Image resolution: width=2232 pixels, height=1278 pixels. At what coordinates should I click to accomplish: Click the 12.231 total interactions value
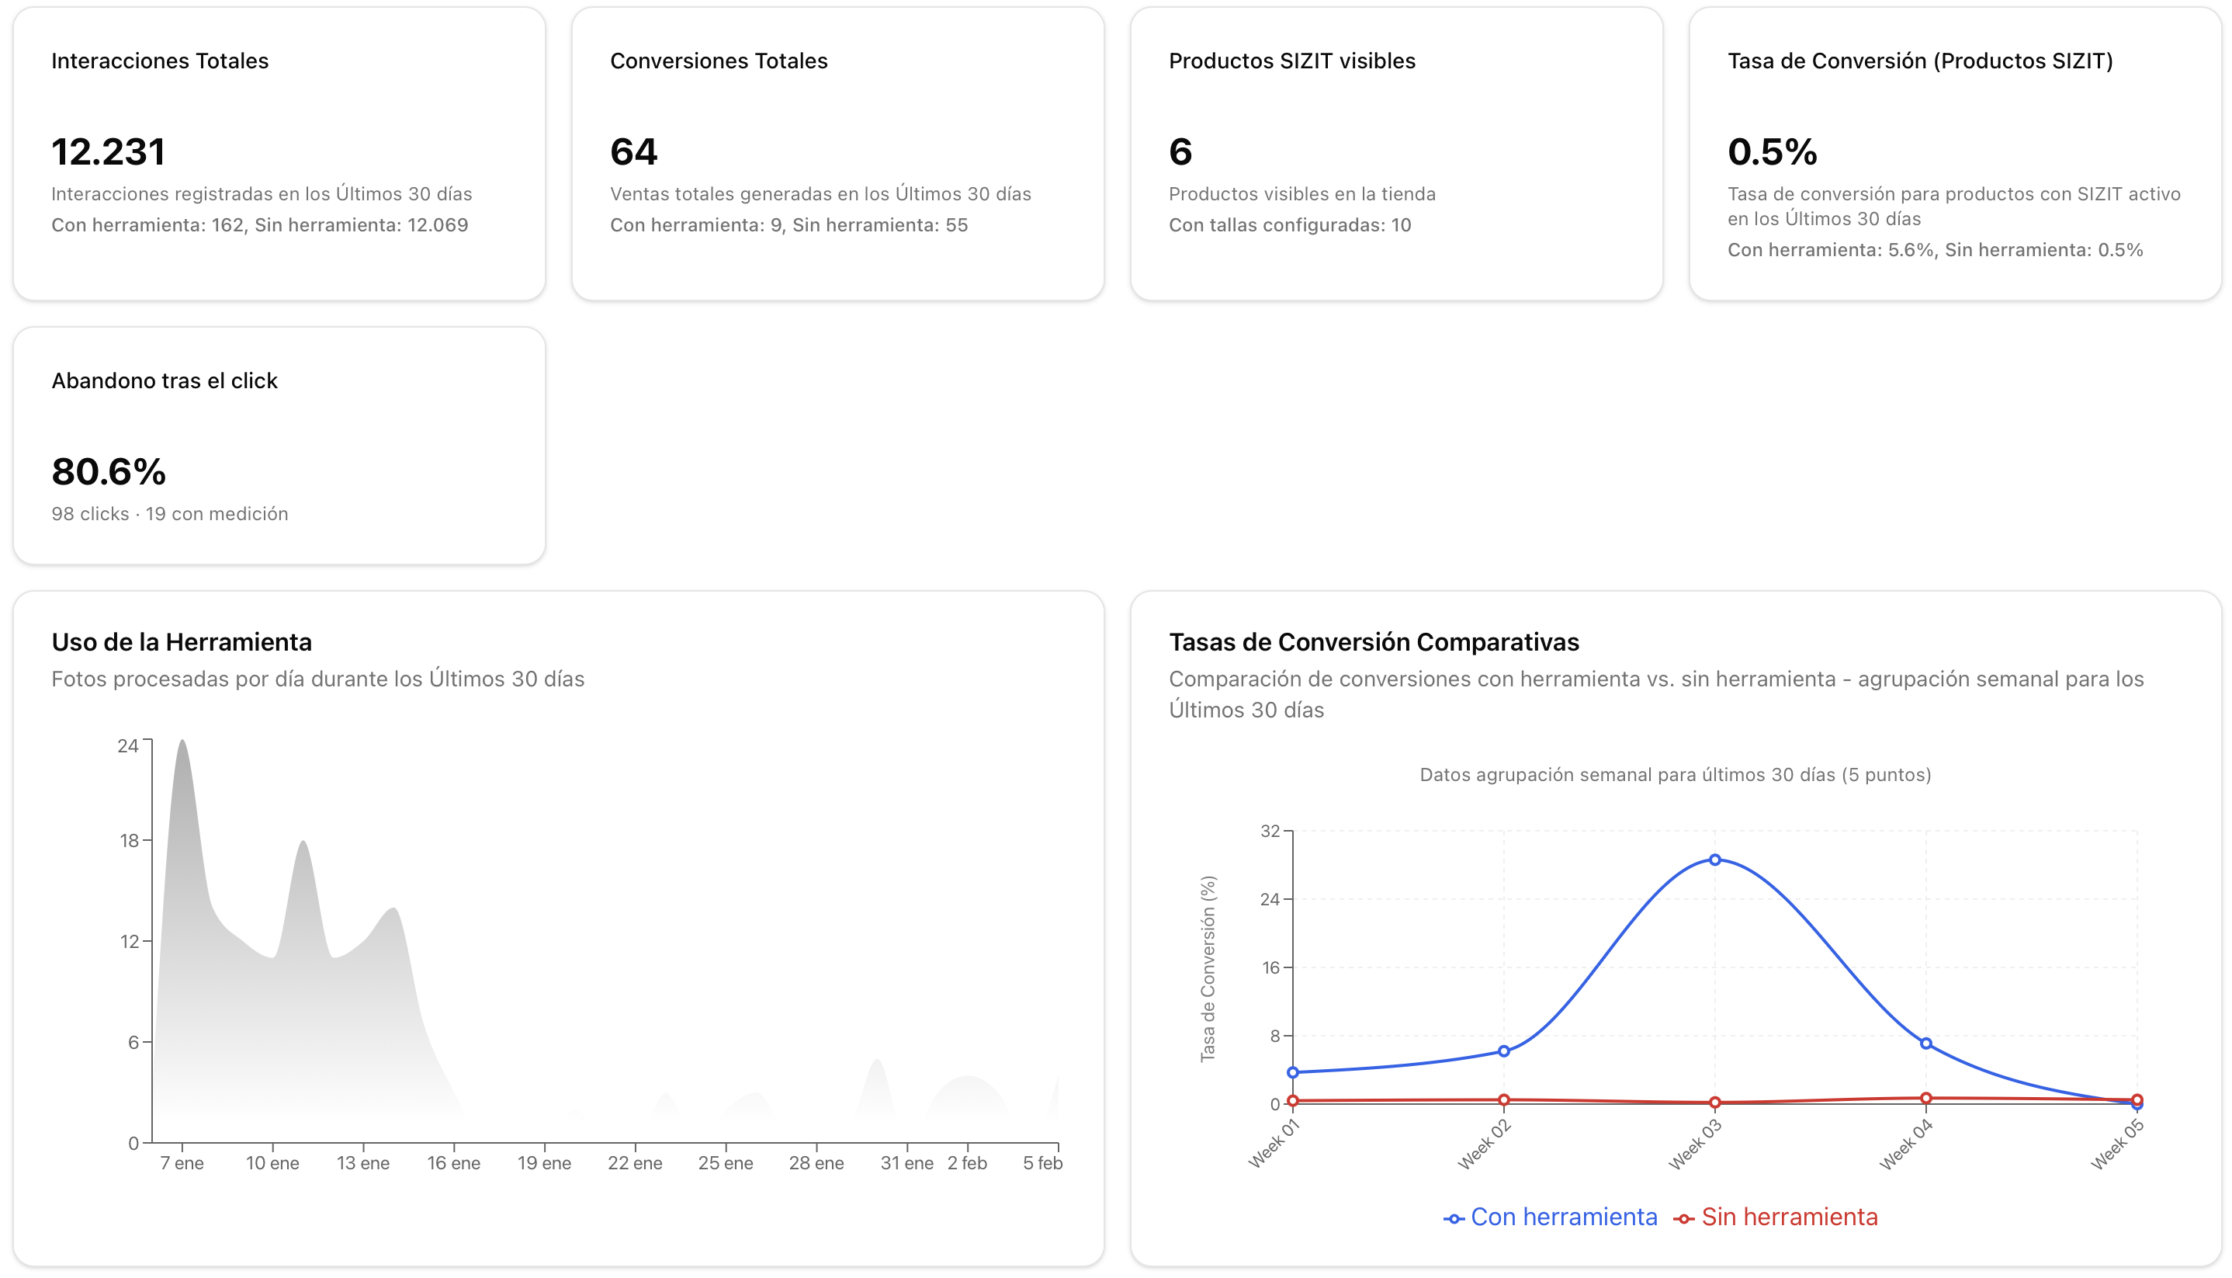tap(108, 152)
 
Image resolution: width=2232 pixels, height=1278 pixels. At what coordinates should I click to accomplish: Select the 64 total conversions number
tap(633, 152)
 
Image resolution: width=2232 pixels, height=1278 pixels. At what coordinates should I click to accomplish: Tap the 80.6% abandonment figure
tap(108, 471)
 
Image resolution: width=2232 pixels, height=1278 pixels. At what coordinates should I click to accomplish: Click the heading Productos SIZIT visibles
tap(1291, 61)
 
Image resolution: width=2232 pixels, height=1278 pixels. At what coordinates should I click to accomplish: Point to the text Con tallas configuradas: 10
tap(1290, 224)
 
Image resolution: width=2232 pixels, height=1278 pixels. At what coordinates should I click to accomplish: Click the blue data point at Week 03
tap(1714, 860)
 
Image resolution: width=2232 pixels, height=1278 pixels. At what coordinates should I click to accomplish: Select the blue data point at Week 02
tap(1504, 1051)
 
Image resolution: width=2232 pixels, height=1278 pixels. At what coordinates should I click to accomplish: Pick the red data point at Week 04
tap(1925, 1098)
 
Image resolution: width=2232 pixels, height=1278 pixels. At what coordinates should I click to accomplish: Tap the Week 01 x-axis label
tap(1274, 1144)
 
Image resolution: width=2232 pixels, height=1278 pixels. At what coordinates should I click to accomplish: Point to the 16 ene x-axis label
tap(453, 1163)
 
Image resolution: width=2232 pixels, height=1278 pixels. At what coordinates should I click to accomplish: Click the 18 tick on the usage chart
tap(129, 840)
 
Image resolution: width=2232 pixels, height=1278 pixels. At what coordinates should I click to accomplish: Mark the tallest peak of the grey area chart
tap(182, 741)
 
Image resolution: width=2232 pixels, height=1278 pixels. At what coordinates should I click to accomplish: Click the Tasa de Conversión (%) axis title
tap(1208, 968)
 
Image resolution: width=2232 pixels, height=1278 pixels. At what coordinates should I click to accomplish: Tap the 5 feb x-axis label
tap(1042, 1163)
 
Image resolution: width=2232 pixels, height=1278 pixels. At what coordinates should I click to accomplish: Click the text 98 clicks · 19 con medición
tap(169, 513)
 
